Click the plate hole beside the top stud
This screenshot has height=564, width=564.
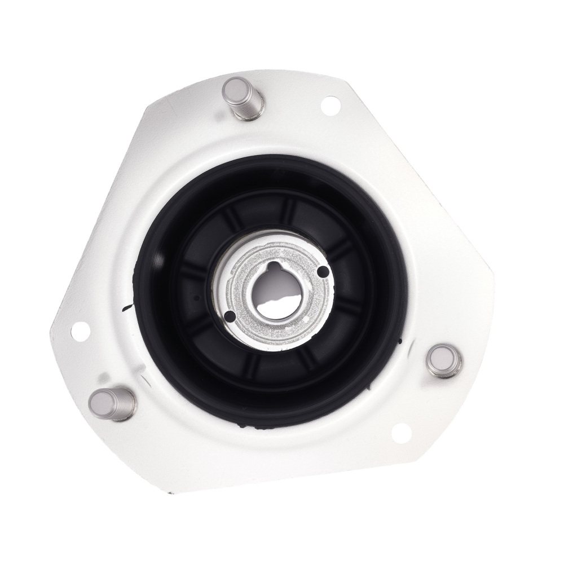[330, 104]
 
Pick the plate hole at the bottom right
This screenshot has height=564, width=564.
[400, 432]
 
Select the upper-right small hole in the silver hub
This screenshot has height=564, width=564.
[323, 273]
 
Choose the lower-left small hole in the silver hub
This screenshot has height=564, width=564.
[230, 317]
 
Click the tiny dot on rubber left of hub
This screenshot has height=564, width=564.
[196, 297]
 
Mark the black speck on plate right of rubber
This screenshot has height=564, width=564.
[399, 340]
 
